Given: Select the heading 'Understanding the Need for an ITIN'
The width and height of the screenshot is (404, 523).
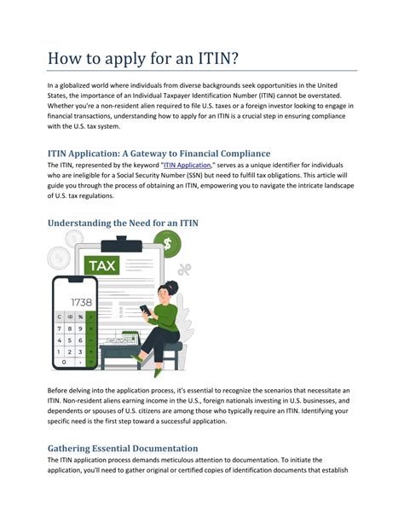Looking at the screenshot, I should click(x=124, y=223).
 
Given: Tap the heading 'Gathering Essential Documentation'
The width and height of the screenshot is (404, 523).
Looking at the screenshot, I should click(x=123, y=448).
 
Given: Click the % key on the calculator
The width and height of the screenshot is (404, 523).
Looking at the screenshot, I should click(x=81, y=317).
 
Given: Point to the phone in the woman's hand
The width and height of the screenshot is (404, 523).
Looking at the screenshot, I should click(x=146, y=308).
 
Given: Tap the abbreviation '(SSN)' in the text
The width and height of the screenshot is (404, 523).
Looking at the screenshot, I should click(x=198, y=176).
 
